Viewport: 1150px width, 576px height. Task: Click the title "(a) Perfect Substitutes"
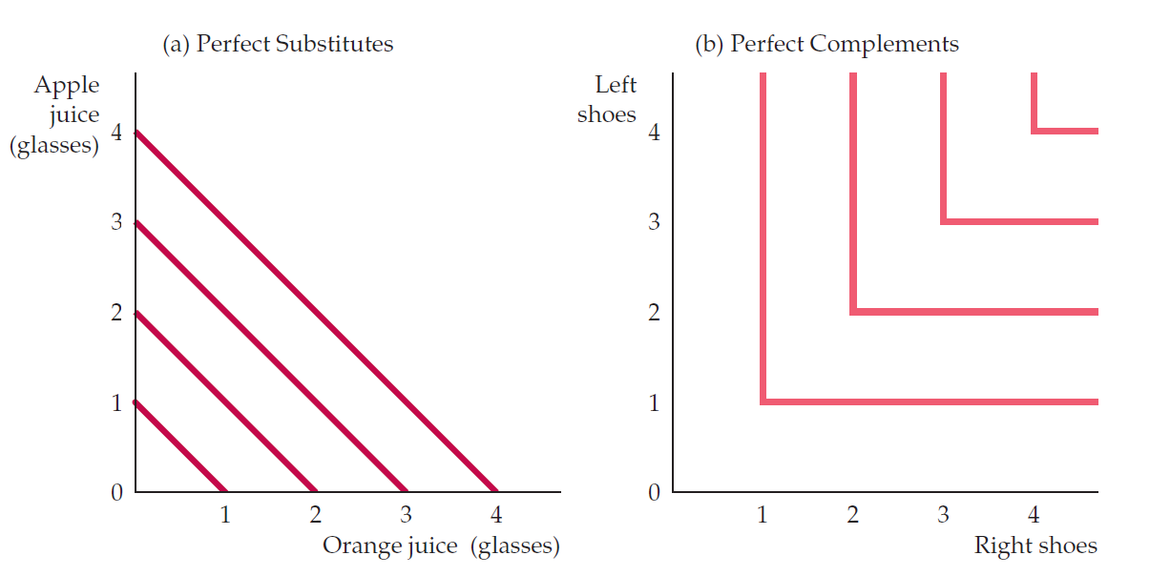(277, 45)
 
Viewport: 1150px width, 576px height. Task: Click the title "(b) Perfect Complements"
(826, 45)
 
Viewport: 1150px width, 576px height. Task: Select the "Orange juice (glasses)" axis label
(440, 545)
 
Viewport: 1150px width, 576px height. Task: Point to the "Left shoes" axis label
(608, 99)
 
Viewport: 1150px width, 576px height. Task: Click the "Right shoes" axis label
(1035, 545)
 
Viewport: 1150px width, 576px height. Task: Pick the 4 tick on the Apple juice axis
(116, 133)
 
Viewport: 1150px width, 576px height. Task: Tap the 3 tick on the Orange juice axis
(406, 516)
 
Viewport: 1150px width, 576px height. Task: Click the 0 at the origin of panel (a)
(116, 493)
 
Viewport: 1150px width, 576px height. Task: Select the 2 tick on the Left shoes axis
(654, 313)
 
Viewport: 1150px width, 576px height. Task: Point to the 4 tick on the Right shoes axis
(1034, 516)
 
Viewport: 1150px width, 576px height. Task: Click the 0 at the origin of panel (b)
(654, 493)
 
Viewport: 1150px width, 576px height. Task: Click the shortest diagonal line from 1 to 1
(179, 446)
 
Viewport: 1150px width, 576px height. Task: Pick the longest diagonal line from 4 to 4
(315, 312)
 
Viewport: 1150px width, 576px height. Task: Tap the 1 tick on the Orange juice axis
(225, 516)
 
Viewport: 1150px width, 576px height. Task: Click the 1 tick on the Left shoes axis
(654, 402)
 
